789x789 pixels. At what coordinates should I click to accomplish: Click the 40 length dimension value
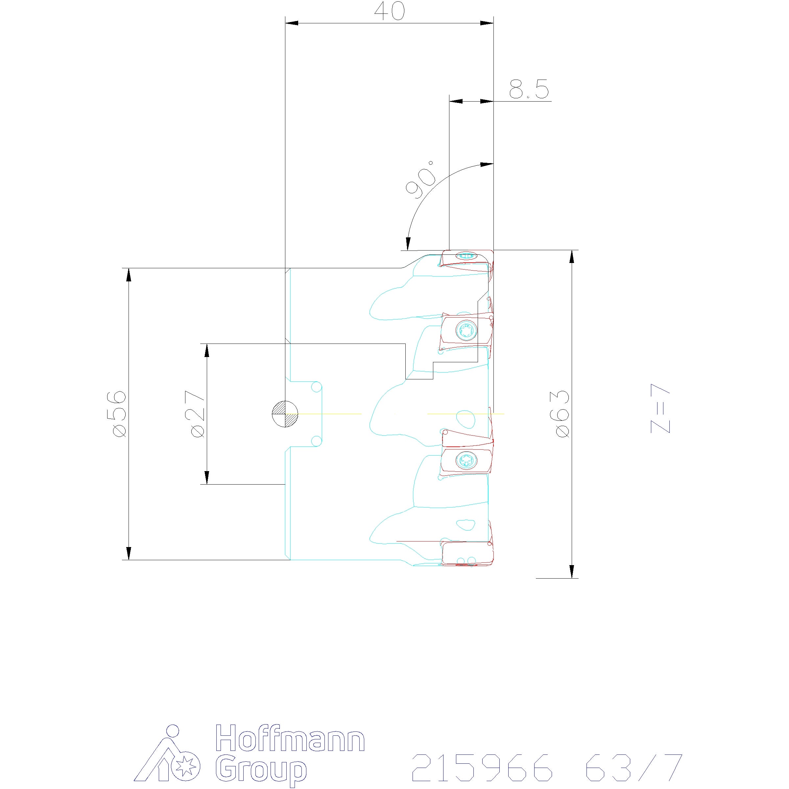(389, 12)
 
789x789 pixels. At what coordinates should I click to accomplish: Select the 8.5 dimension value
(529, 89)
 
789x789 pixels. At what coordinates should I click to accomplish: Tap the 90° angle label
(420, 179)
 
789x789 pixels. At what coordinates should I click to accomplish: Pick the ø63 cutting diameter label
(562, 414)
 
